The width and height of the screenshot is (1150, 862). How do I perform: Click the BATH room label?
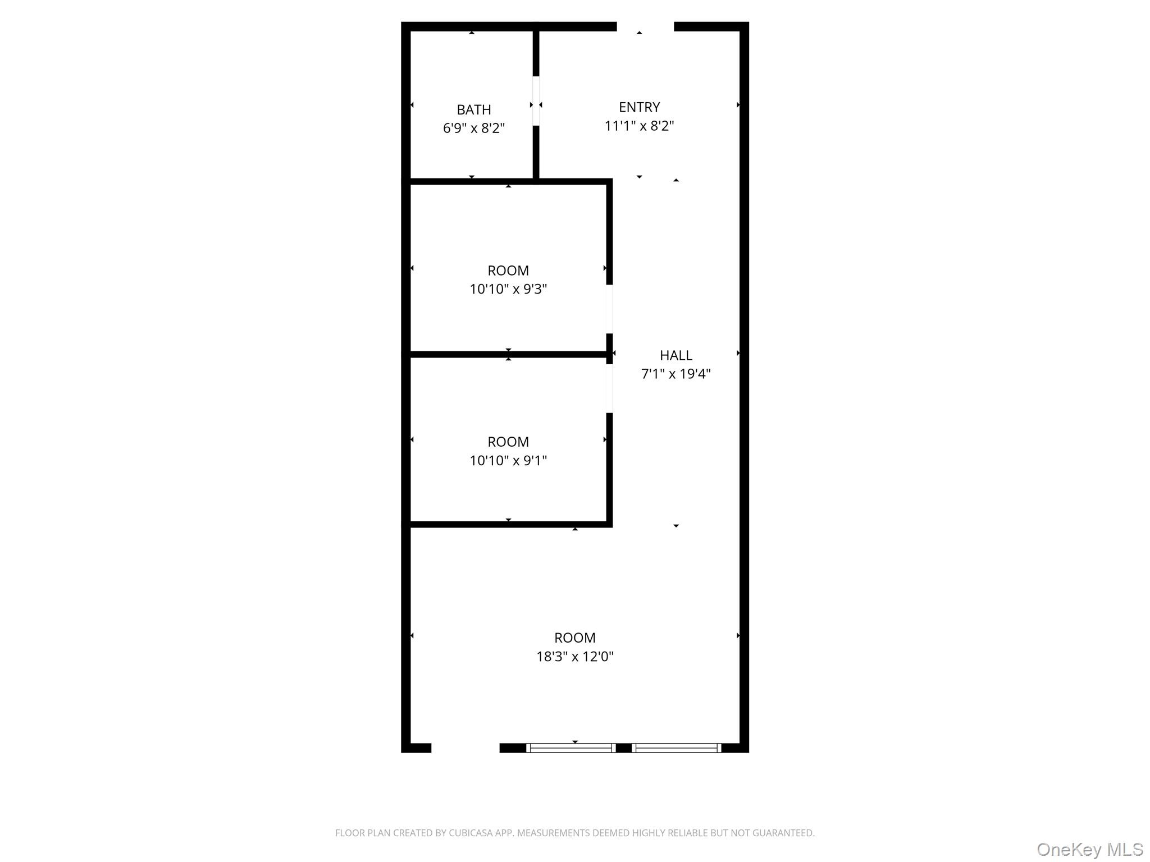tap(473, 109)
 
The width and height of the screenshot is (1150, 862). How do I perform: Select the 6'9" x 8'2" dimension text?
tap(473, 129)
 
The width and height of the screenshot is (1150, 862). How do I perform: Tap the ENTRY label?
tap(639, 107)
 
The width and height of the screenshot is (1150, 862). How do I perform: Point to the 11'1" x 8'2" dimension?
tap(639, 126)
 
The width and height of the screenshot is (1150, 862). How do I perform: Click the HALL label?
tap(676, 355)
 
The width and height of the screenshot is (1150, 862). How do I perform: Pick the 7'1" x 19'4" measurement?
tap(676, 374)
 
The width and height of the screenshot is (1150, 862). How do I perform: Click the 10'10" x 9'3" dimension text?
tap(508, 289)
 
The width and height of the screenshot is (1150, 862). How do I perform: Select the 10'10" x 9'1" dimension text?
tap(508, 460)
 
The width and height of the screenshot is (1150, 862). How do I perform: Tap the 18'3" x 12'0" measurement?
tap(574, 656)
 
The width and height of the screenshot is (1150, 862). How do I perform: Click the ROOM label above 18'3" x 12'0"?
tap(574, 638)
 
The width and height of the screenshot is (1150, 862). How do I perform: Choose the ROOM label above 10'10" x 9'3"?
tap(508, 270)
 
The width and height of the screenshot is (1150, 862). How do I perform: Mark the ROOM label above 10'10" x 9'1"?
tap(508, 442)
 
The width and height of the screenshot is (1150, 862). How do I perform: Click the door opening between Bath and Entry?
tap(536, 101)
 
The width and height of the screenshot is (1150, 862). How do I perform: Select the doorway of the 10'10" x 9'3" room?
tap(609, 309)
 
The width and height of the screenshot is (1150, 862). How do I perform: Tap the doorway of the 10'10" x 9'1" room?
tap(609, 389)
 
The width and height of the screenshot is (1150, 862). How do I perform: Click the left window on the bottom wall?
tap(571, 748)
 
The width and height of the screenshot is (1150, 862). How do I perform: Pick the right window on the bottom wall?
tap(676, 748)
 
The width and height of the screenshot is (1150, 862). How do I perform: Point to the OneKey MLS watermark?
tap(1089, 849)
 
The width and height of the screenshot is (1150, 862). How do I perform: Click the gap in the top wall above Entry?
tap(645, 26)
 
